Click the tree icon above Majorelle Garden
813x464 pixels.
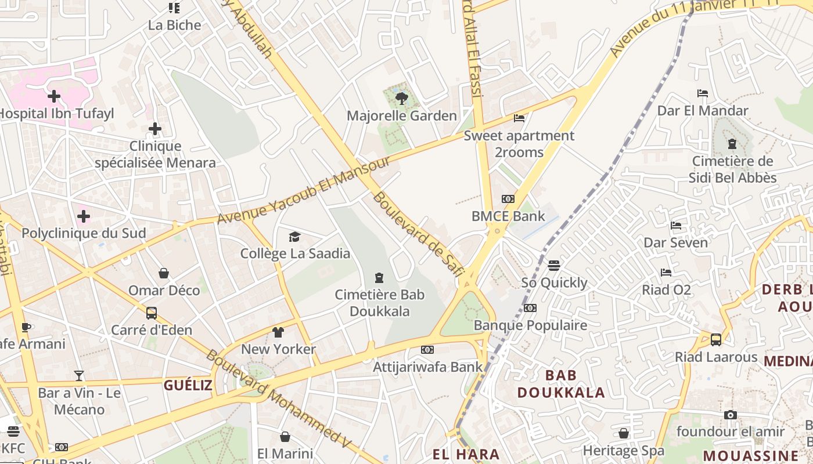pos(401,99)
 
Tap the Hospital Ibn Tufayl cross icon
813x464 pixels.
pos(54,96)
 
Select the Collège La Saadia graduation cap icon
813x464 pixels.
pos(295,237)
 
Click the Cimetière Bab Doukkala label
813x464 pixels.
pos(380,303)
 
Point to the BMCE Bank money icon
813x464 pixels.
pos(508,199)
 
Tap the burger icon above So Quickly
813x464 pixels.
pos(554,266)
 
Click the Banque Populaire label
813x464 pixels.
pos(530,325)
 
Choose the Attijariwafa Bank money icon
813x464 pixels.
pos(427,350)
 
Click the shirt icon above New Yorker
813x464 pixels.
pos(278,332)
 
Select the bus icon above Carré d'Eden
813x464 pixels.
pos(152,313)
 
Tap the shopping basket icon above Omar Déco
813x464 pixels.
pos(164,273)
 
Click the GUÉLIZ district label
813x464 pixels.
pos(188,385)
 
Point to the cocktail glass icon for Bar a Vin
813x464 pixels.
pos(79,376)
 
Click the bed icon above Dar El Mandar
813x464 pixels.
pos(703,93)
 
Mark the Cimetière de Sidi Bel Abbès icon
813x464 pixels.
pos(732,143)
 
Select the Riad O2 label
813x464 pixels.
pos(667,289)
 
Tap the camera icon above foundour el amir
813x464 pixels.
pos(731,415)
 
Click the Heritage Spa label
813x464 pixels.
pos(623,451)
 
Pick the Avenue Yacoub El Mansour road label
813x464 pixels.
pos(304,190)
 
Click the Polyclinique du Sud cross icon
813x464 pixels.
pos(84,216)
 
